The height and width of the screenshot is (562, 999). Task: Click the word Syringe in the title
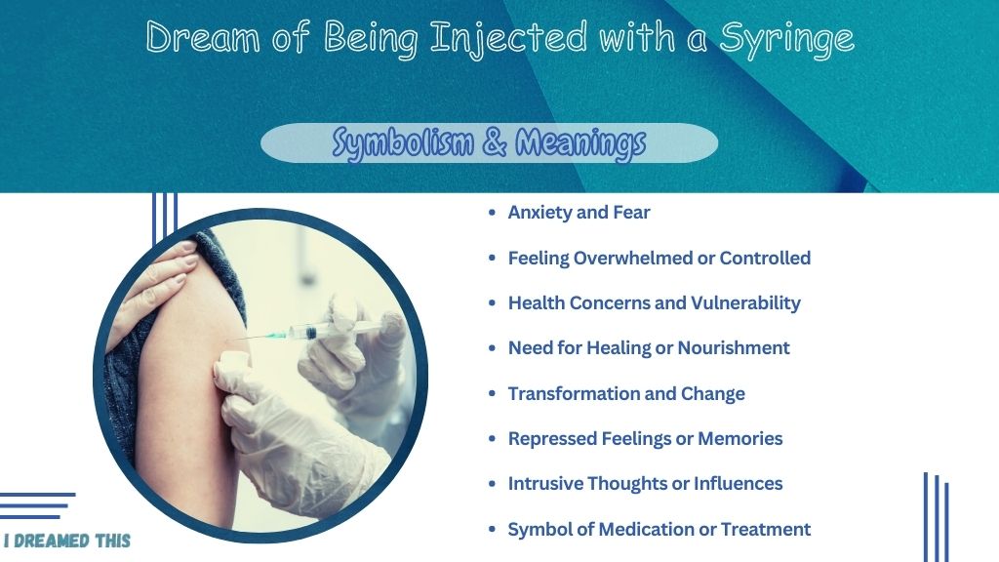pos(787,39)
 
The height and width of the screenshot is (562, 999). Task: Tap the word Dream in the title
pos(203,36)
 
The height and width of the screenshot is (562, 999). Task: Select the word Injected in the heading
pos(508,39)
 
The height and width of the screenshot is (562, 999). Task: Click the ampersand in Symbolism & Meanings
pos(494,141)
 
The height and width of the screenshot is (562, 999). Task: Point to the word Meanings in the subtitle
pos(580,142)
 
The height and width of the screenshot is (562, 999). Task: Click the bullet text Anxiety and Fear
pos(579,212)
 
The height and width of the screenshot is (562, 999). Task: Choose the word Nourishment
pos(734,348)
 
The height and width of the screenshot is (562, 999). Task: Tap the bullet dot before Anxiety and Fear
pos(492,213)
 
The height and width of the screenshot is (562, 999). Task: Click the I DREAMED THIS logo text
pos(67,541)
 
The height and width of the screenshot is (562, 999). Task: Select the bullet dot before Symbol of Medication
pos(492,530)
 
